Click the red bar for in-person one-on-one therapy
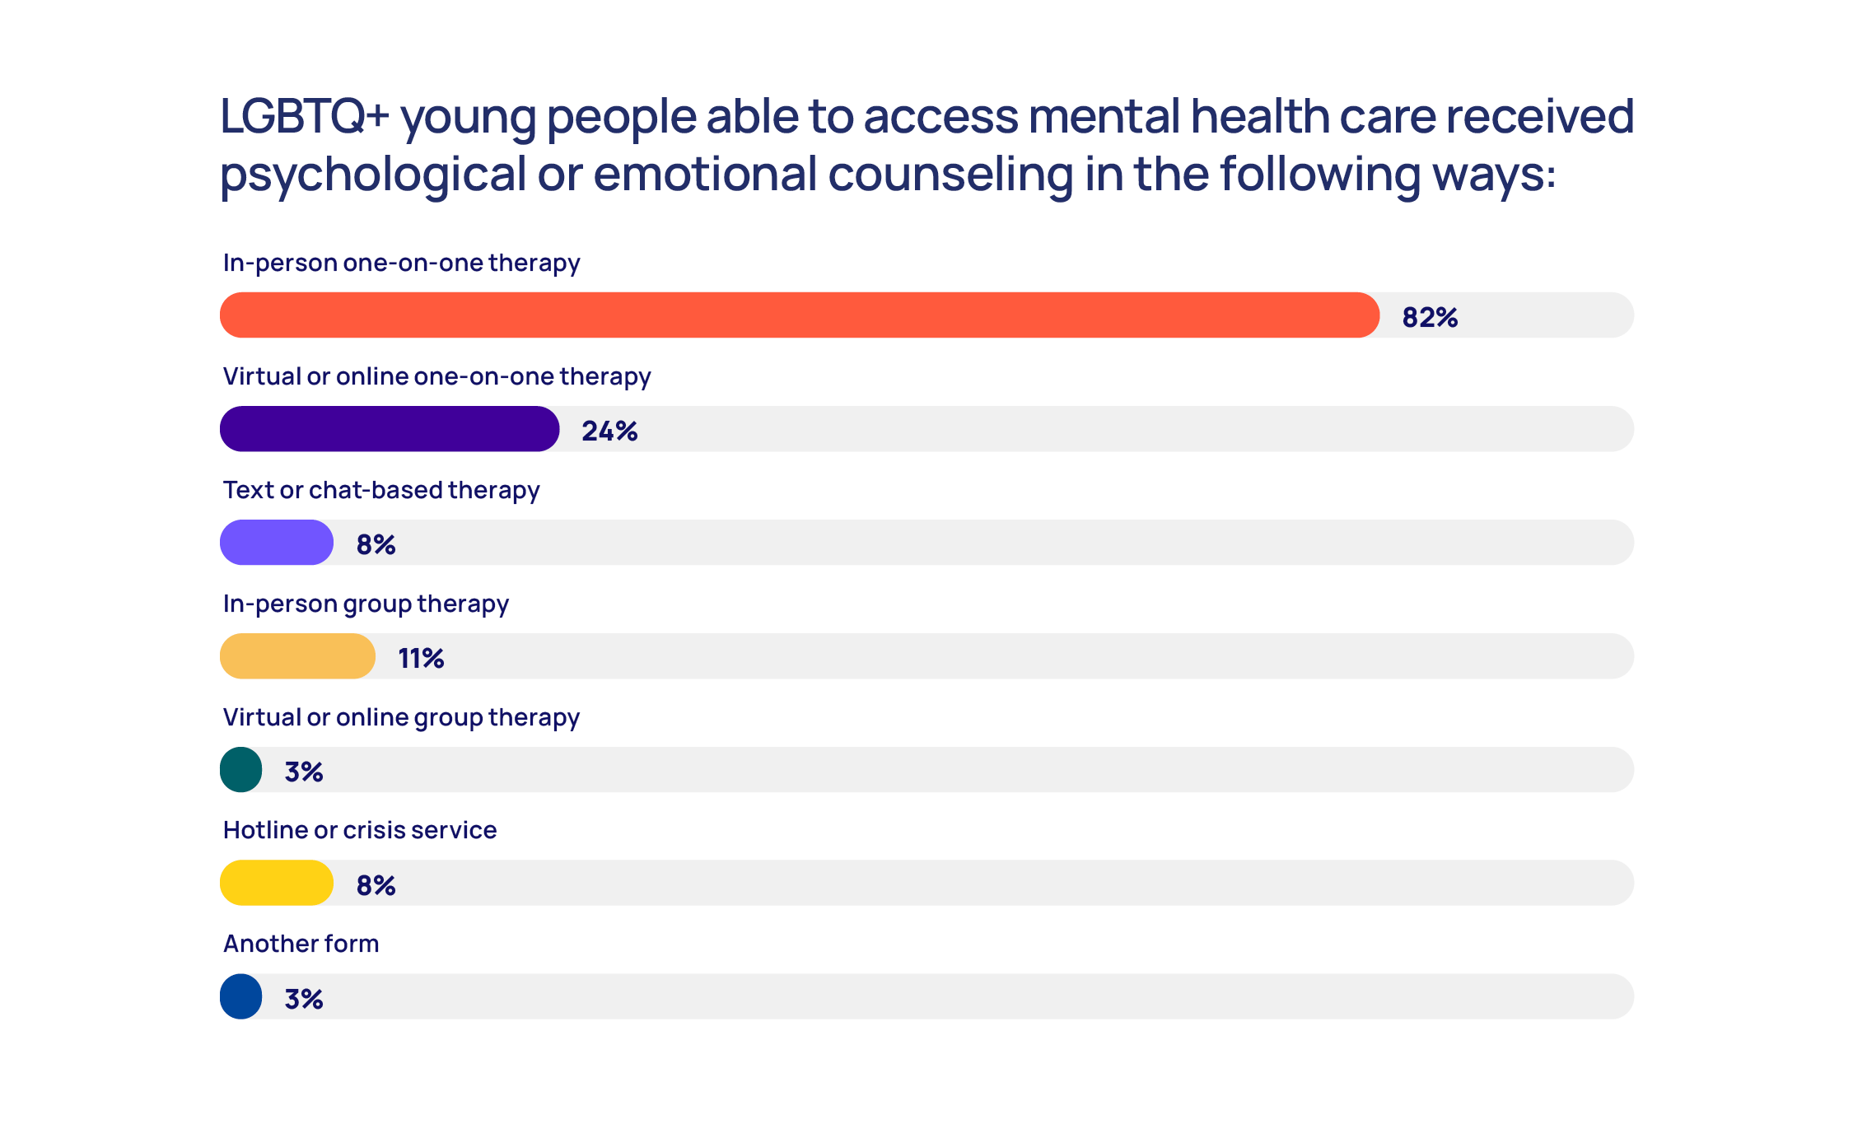[800, 315]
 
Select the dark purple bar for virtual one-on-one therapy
[390, 428]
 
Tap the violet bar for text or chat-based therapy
[277, 542]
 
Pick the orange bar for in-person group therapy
[297, 655]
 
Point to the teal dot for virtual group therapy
[241, 769]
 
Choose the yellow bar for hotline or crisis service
[277, 883]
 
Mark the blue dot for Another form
[241, 996]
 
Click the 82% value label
[1430, 317]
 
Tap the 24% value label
[609, 431]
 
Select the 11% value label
[421, 658]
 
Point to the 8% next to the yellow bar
[376, 885]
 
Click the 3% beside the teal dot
[303, 772]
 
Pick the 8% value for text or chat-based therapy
[376, 544]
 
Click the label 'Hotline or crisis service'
[360, 830]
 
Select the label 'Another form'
[301, 944]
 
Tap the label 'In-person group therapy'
[366, 604]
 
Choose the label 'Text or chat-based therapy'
[381, 491]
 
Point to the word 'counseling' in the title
[950, 175]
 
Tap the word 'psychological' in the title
[373, 175]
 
